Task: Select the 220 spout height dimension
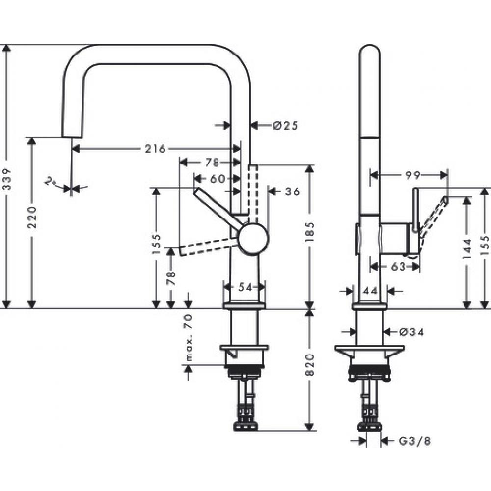point(31,217)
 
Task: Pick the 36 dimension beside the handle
point(292,192)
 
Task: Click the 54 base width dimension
point(244,287)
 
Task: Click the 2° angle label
point(50,182)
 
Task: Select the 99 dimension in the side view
point(408,175)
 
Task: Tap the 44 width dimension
point(371,291)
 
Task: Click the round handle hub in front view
point(253,238)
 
